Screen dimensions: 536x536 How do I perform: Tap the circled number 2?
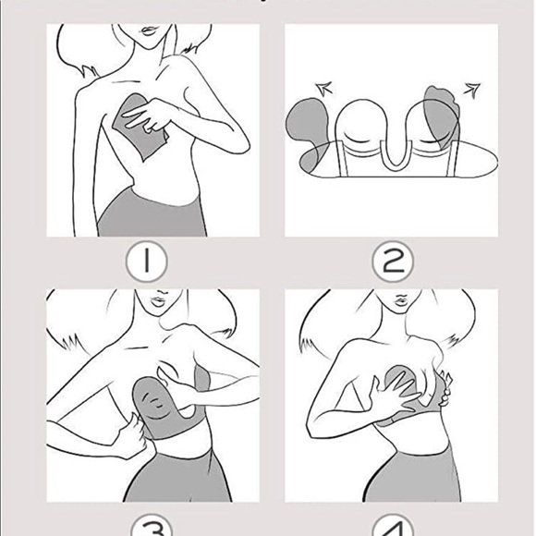pyautogui.click(x=394, y=262)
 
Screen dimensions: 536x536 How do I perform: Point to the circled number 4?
pyautogui.click(x=394, y=528)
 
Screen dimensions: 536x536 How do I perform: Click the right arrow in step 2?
pyautogui.click(x=472, y=89)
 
